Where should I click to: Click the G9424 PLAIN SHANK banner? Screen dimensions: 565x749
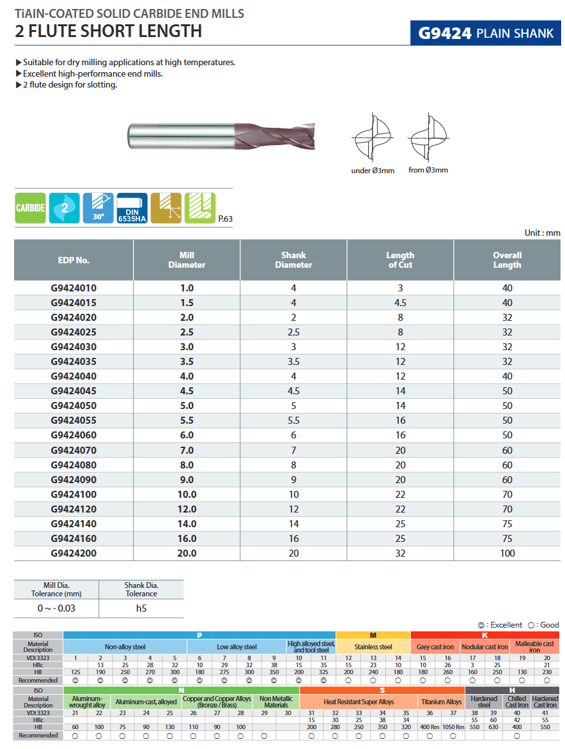click(485, 33)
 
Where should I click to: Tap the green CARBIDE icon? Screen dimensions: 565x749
click(31, 208)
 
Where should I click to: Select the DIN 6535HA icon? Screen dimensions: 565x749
click(132, 208)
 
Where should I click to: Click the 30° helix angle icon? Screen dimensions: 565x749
click(98, 208)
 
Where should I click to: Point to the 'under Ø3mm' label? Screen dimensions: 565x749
click(373, 171)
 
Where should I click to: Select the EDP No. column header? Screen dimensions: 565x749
click(74, 260)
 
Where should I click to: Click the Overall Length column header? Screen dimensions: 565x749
click(507, 260)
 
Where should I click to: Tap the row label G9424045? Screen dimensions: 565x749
click(74, 390)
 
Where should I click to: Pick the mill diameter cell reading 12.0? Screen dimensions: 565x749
click(187, 509)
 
